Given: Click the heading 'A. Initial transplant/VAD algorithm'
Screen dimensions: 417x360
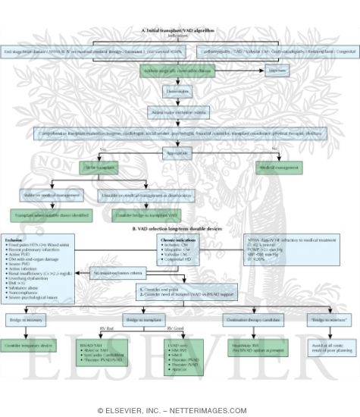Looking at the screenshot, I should coord(180,8).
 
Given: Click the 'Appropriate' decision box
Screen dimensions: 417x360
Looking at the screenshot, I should coord(180,152).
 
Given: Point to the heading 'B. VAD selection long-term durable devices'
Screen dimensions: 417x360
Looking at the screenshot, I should coord(180,228).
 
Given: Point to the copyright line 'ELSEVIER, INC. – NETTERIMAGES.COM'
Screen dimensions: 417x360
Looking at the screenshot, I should coord(180,410).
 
